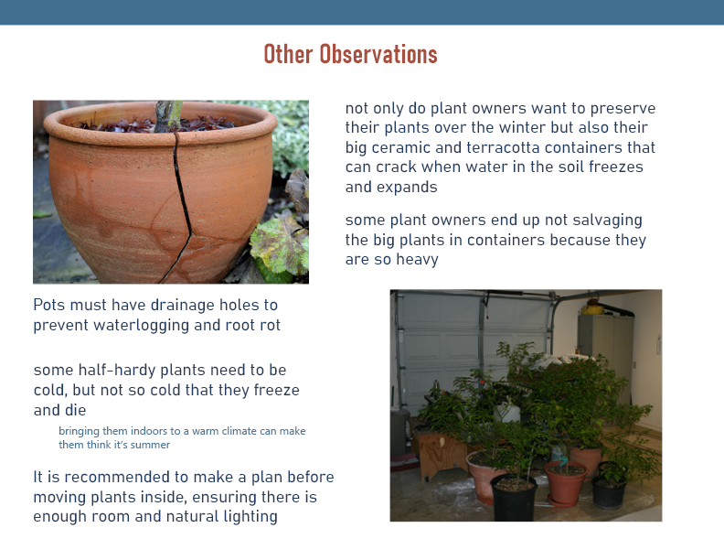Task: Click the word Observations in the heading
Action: pos(378,54)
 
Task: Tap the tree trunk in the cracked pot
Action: pos(167,116)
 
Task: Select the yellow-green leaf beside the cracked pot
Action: pos(280,245)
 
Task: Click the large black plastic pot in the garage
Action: pos(514,497)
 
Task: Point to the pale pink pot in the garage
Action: pos(484,477)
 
